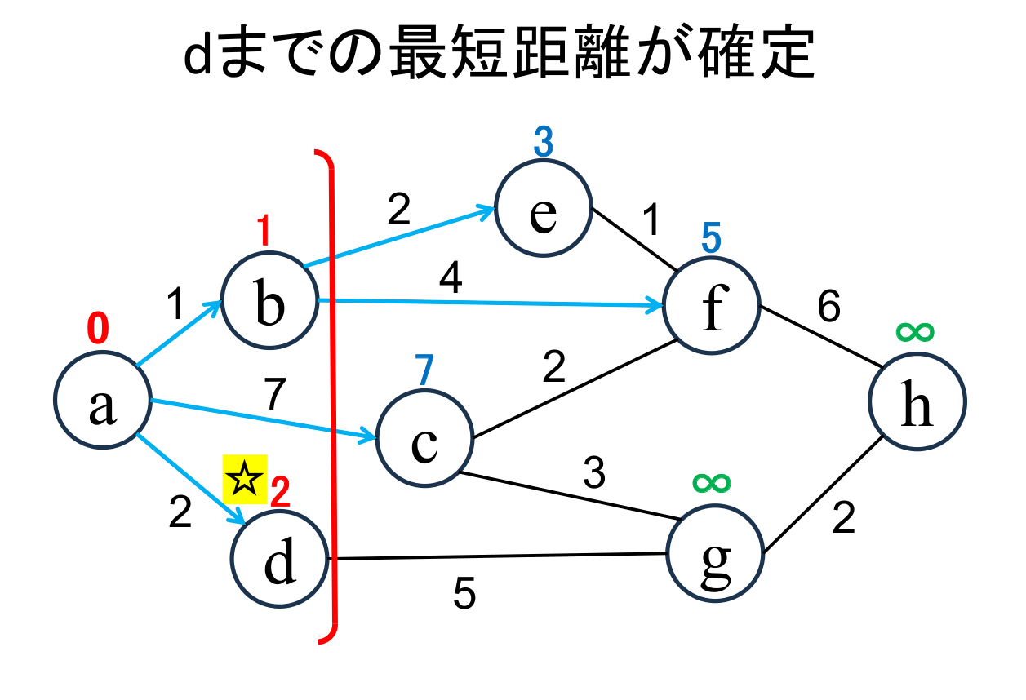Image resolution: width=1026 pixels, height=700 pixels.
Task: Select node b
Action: point(269,301)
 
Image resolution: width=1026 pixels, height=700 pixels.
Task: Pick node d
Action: point(279,562)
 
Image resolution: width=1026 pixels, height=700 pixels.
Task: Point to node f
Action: point(713,307)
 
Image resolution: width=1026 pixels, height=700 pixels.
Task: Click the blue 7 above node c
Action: point(422,371)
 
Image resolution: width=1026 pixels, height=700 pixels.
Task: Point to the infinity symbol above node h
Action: point(915,331)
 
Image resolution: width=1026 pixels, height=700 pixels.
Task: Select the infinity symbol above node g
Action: point(712,482)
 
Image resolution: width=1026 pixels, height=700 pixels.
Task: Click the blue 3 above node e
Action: point(544,144)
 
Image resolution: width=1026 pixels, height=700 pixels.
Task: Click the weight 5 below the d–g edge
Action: point(464,595)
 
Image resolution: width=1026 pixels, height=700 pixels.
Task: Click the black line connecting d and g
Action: point(498,556)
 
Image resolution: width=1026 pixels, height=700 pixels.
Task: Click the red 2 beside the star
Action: point(280,491)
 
